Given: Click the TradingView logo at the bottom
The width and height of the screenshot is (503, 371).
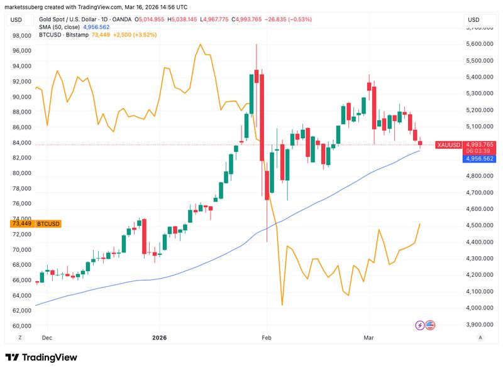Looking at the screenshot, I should tap(41, 357).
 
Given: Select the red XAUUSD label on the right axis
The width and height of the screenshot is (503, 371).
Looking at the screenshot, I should tap(449, 145).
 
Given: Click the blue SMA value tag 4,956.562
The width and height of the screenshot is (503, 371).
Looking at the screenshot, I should tap(480, 159).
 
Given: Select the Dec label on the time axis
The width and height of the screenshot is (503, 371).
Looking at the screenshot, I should tap(46, 337).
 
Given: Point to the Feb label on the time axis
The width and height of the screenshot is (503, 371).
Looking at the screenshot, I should tap(267, 337).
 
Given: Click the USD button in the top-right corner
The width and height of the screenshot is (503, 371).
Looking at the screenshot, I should tap(472, 20).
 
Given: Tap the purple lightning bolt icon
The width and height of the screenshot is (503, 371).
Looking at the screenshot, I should tap(420, 325).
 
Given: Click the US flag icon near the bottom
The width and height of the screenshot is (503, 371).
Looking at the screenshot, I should tap(430, 325).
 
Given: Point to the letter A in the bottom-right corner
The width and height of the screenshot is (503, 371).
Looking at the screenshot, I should tap(480, 338).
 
